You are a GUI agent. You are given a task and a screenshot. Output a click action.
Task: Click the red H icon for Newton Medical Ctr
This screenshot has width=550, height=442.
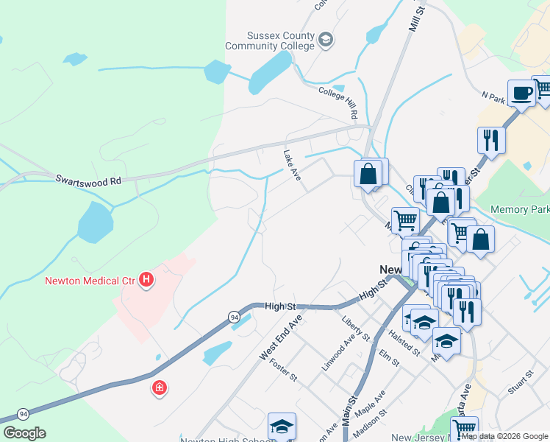pos(147,279)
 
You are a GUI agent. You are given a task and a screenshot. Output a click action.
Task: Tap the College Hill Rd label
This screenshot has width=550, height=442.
pos(337,102)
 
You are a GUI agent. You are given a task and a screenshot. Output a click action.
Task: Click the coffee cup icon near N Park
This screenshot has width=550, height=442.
pos(521,93)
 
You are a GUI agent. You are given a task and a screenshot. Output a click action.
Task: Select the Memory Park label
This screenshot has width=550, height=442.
pos(519,209)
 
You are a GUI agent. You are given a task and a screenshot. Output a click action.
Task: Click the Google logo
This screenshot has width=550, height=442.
pos(24,433)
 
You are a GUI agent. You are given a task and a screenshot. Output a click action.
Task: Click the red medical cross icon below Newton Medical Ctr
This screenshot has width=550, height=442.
pos(159,387)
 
